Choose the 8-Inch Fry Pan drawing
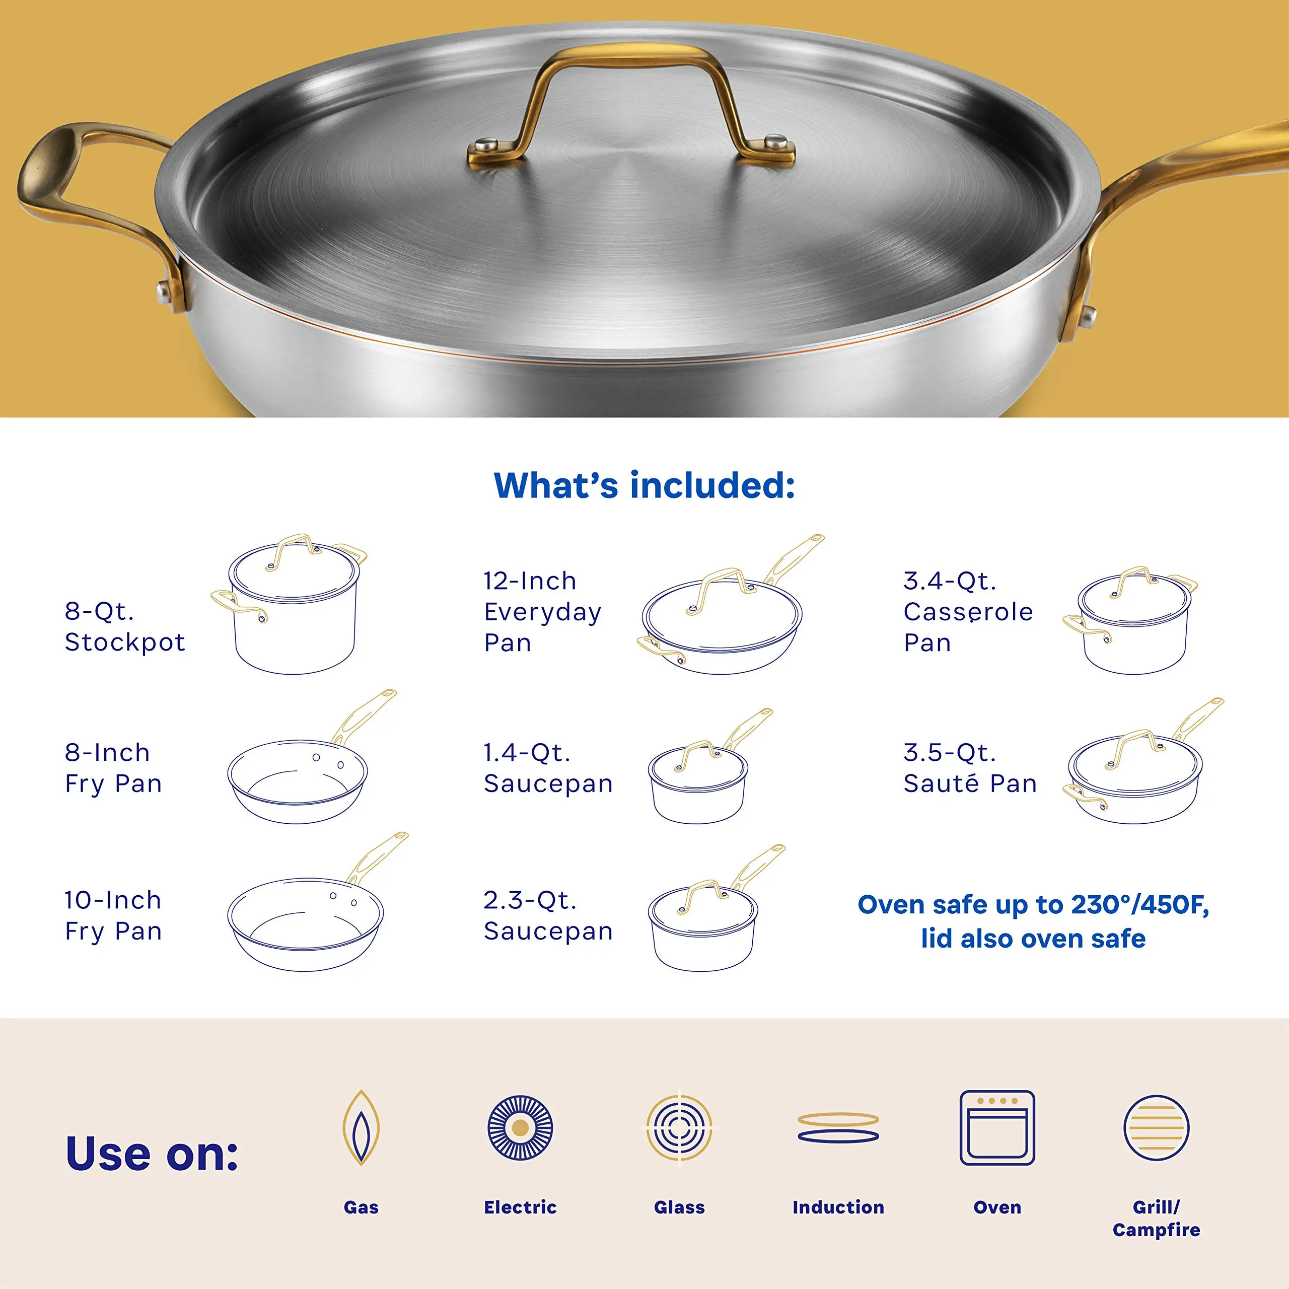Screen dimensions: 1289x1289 pos(300,774)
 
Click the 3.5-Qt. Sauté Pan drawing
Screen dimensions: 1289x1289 pos(1137,774)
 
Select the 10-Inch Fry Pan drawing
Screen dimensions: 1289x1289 pos(307,917)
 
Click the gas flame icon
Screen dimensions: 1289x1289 pos(361,1127)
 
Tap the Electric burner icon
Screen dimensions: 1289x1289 pos(521,1127)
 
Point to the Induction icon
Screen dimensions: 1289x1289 pos(838,1127)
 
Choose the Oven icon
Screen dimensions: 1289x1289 pos(997,1127)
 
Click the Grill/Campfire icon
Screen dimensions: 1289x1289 pos(1156,1127)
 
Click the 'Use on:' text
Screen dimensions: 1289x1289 pos(152,1154)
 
